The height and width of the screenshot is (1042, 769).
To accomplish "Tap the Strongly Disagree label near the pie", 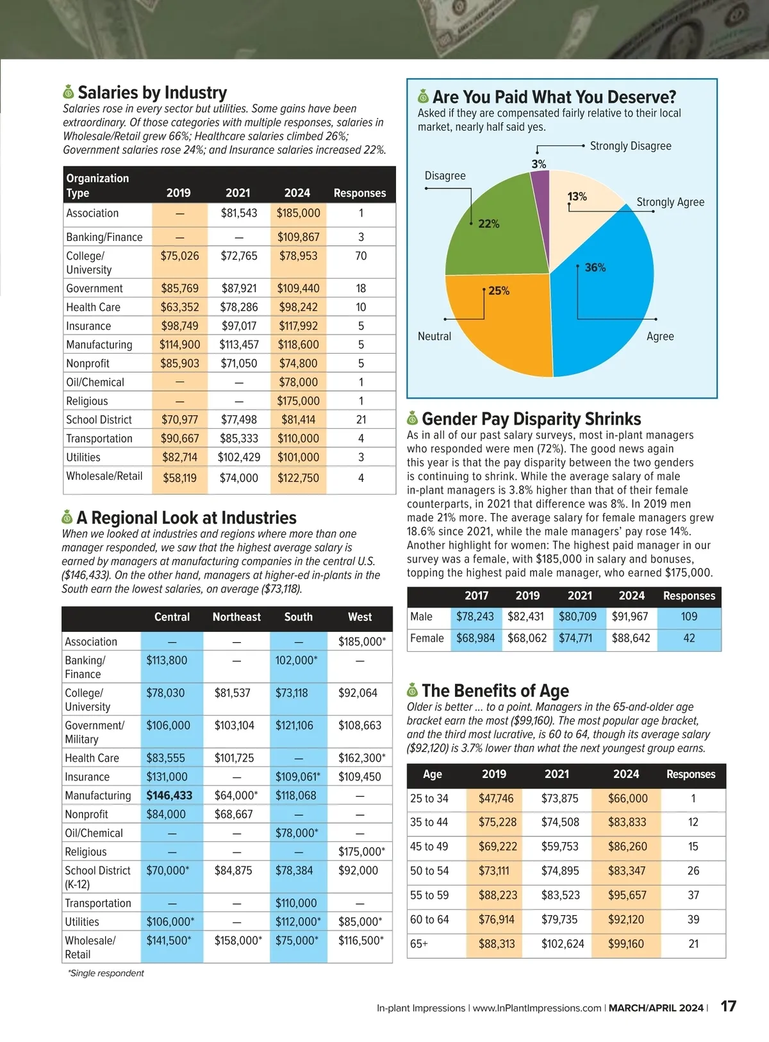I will (630, 146).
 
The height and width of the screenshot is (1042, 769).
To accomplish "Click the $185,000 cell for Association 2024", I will (298, 213).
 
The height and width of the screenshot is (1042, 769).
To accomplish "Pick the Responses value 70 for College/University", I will (361, 256).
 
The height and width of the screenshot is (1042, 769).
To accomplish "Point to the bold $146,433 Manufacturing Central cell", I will (169, 795).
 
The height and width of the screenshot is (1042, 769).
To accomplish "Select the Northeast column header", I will (236, 617).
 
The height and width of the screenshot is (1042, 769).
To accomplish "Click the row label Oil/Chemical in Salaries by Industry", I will (95, 382).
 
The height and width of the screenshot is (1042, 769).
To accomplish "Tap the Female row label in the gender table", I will (427, 638).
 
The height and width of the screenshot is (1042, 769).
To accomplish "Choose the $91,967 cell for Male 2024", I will (631, 616).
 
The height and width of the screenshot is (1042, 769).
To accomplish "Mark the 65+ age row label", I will (419, 944).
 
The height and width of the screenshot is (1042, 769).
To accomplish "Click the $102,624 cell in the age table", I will (562, 944).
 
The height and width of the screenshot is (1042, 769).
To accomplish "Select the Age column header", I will (433, 774).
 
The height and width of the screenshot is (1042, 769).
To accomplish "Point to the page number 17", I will (729, 1006).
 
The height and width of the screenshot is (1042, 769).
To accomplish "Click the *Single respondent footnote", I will (106, 973).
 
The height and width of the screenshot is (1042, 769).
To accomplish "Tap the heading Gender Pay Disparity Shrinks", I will (531, 419).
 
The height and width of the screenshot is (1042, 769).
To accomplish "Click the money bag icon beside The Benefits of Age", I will (413, 690).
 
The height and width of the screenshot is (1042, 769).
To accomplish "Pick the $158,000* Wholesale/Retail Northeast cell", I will (238, 941).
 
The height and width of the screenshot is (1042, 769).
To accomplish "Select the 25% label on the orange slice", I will (499, 291).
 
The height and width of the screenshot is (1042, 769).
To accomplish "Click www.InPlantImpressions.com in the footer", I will (537, 1008).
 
